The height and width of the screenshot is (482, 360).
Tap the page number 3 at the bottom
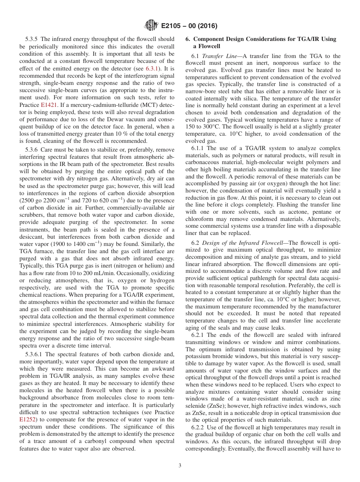[180, 465]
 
